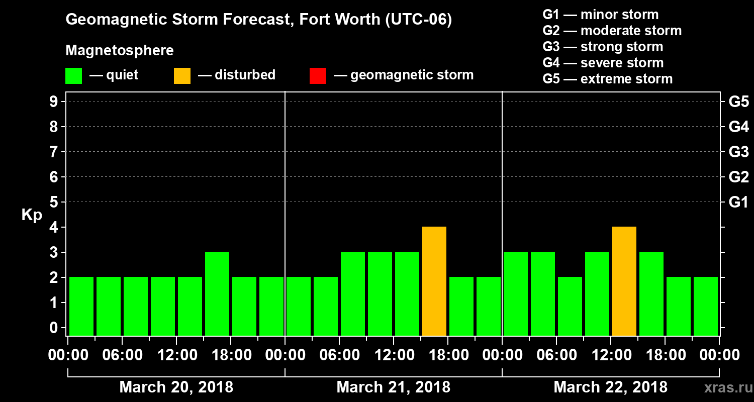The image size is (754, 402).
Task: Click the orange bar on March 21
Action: pos(434,281)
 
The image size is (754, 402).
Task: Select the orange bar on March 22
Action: pos(624,281)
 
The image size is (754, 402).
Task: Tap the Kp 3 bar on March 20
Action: pos(217,293)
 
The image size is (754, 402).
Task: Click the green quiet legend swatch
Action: pos(73,76)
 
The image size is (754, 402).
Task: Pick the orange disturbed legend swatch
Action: pos(182,76)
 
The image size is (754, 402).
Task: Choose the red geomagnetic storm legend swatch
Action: pos(318,76)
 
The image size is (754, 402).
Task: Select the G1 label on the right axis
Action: pos(738,203)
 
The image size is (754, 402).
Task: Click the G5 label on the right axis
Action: pos(738,102)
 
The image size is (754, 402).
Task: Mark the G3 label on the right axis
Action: pos(738,152)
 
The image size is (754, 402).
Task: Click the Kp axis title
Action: pos(32,215)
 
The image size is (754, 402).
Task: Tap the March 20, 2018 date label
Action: pos(176,387)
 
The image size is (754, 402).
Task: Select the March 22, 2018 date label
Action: pos(610,387)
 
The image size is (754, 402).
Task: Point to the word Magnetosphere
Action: pos(120,51)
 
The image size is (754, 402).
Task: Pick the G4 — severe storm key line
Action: pos(603,63)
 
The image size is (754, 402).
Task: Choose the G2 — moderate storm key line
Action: pos(612,31)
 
